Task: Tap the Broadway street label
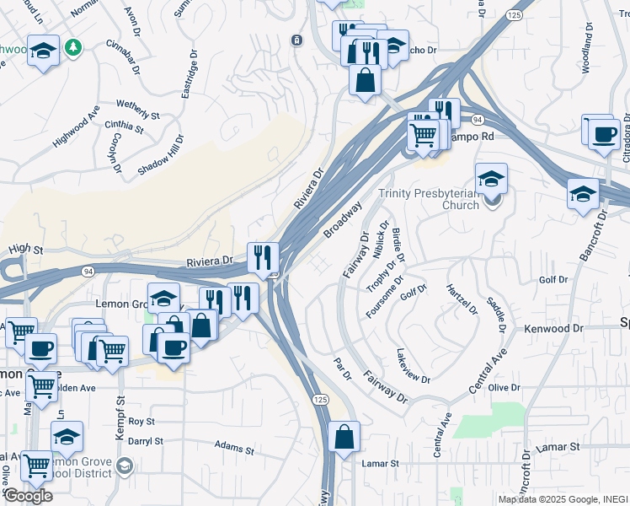343,218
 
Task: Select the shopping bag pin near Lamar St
344,438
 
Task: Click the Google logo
27,496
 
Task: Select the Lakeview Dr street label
413,365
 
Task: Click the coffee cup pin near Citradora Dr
603,134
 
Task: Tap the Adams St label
234,446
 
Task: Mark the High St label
25,249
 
